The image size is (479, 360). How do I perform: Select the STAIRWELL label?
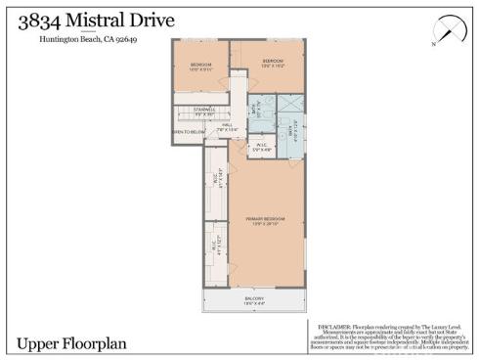(x=203, y=111)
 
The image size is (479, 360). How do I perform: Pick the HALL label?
(x=226, y=124)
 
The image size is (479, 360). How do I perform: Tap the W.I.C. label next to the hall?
(x=261, y=147)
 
